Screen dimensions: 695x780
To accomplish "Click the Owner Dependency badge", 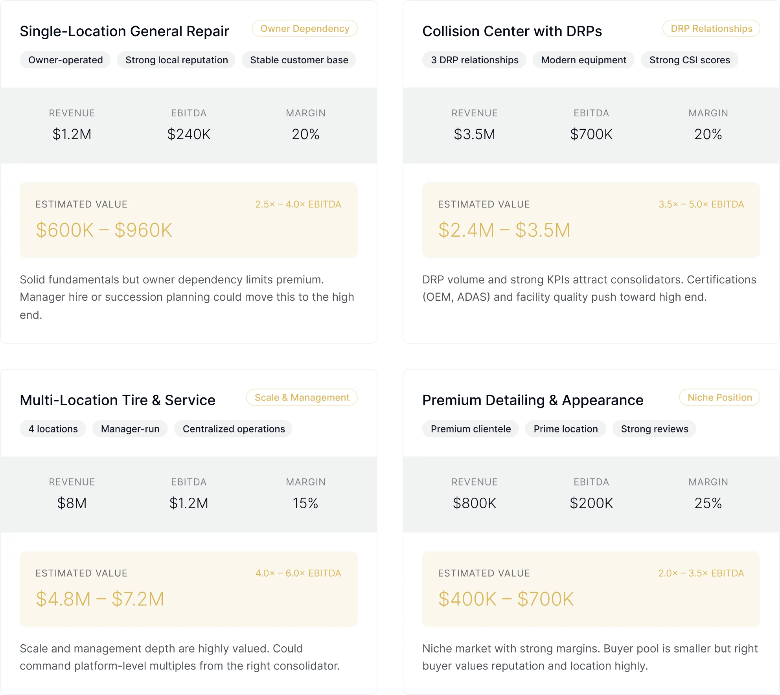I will click(305, 29).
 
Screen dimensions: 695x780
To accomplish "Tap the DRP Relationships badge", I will click(711, 29).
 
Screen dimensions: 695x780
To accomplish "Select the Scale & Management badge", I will click(302, 397).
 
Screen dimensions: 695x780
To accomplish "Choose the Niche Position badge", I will click(719, 397).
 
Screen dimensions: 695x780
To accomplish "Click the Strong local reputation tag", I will click(176, 60).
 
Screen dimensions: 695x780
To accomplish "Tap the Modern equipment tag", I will click(583, 60).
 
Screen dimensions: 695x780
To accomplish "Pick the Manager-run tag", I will click(130, 429).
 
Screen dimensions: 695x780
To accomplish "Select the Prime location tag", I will click(565, 429).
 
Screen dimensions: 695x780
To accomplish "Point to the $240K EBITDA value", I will click(189, 134).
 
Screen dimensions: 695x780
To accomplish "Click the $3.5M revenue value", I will click(474, 134).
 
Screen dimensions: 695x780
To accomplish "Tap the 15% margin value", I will click(305, 503).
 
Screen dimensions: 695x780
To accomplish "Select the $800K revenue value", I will click(474, 503).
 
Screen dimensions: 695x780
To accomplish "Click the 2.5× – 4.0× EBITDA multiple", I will click(298, 204).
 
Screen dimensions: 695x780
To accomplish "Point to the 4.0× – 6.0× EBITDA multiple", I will click(298, 573).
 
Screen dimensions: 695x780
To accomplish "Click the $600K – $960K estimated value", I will click(104, 230).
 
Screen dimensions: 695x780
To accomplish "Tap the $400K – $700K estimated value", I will click(506, 599).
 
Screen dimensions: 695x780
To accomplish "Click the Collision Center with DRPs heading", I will click(512, 31).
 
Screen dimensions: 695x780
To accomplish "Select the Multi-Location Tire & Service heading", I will click(118, 400).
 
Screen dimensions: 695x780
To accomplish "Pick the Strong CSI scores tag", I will click(690, 60).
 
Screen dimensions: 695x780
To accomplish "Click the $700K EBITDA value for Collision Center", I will click(591, 134).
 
